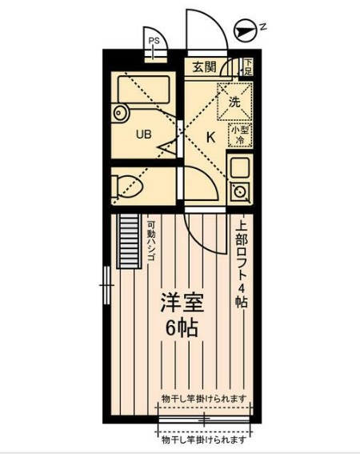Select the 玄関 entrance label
click(203, 67)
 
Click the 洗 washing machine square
click(234, 102)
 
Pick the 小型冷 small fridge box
click(239, 135)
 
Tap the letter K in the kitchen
click(210, 136)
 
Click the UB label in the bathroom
click(143, 135)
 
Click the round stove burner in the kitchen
click(239, 191)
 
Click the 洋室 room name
click(182, 304)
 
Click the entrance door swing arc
click(206, 32)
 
